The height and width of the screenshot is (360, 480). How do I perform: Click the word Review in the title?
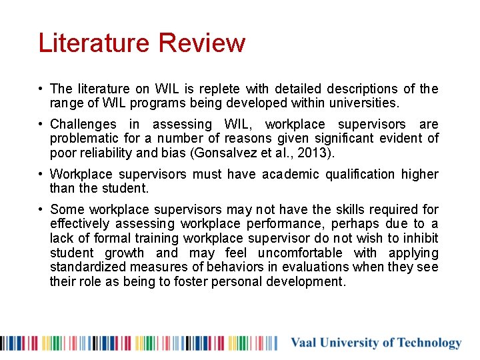point(202,43)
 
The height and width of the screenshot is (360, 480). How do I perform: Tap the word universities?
point(365,103)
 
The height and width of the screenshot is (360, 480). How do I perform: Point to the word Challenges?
point(83,124)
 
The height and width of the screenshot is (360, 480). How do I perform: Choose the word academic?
point(291,174)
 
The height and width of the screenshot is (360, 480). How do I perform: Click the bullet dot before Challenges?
point(41,125)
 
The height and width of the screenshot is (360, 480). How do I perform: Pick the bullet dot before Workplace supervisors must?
point(41,175)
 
